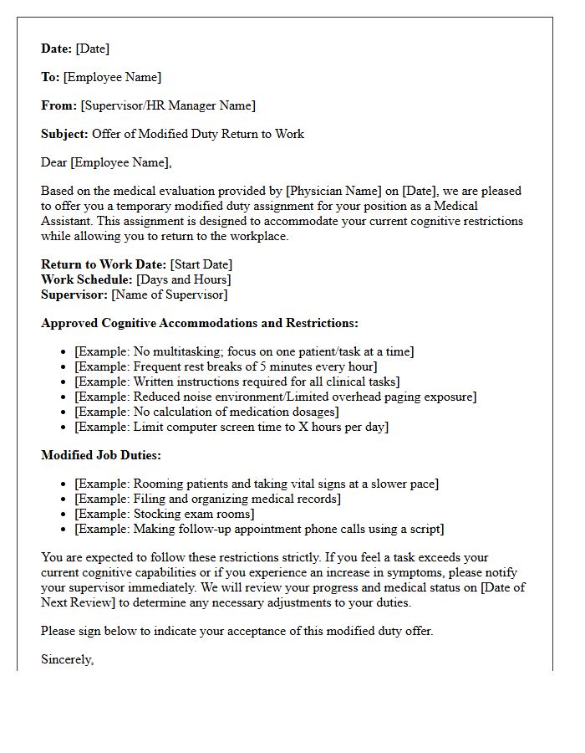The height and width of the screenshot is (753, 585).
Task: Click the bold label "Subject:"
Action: click(x=64, y=134)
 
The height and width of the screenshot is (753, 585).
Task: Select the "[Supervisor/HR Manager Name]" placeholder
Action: click(x=168, y=105)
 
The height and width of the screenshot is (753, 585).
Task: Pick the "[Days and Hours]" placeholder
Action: click(x=184, y=279)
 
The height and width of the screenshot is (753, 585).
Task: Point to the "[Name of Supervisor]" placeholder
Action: click(x=170, y=295)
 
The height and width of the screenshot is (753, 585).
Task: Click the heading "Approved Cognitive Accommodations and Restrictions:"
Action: click(x=200, y=323)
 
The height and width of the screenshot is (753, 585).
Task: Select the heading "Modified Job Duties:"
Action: click(x=101, y=455)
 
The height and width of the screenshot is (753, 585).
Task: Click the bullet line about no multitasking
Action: click(x=244, y=351)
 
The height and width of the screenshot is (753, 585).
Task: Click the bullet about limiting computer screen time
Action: click(x=231, y=427)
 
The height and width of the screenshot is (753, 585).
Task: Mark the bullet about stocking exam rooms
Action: click(x=165, y=514)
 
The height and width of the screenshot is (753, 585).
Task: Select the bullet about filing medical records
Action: click(x=207, y=499)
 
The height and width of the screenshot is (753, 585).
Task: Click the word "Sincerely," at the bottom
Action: click(x=68, y=659)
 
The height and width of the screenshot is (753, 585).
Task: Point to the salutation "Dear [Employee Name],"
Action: click(x=106, y=162)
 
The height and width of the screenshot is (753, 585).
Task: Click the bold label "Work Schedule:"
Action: click(x=87, y=279)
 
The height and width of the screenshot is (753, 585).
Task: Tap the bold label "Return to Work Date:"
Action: click(x=104, y=264)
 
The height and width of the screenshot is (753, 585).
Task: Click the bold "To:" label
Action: click(x=50, y=77)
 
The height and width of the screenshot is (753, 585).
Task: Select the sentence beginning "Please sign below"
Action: click(x=237, y=631)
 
